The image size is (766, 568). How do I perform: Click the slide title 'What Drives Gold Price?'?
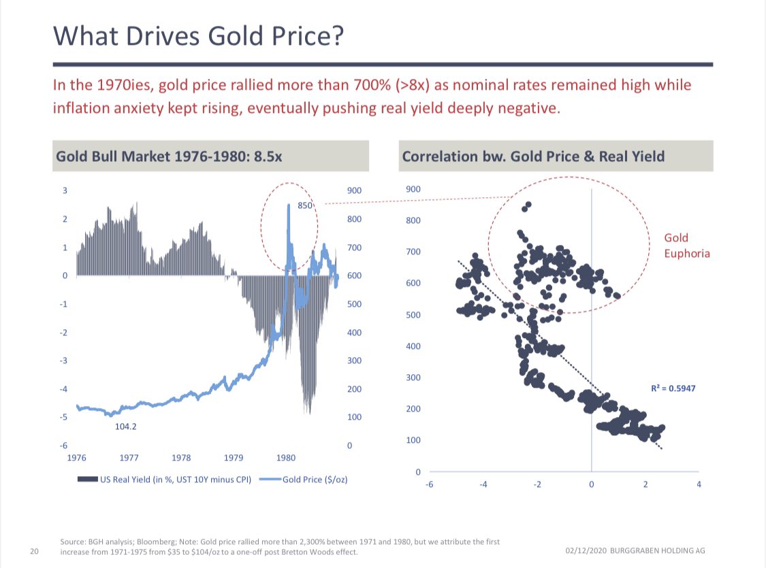point(197,35)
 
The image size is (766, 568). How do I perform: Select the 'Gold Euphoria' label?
point(686,246)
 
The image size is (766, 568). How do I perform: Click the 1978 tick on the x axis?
point(181,458)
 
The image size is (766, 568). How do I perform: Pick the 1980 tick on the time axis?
point(285,458)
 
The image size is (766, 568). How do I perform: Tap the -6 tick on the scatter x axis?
point(429,484)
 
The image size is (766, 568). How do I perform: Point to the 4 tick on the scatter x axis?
point(699,484)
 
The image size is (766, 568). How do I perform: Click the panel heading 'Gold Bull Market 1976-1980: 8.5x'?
point(169,156)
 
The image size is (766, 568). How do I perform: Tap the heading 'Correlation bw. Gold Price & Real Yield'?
point(533,156)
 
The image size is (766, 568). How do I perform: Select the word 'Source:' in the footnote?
point(72,542)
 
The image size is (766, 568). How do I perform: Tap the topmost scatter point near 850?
point(528,205)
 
